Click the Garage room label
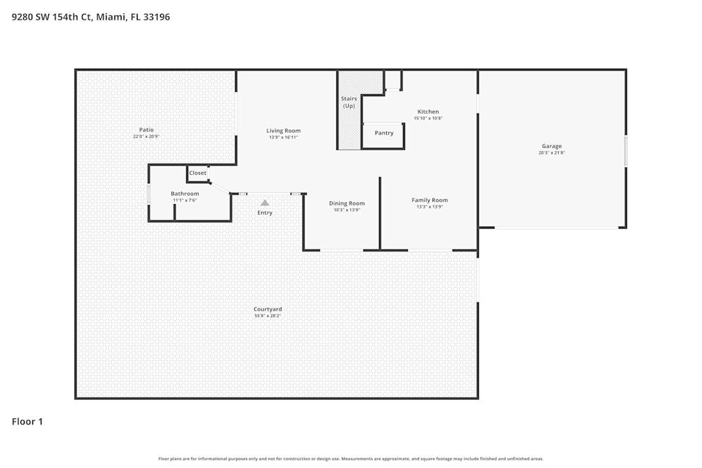551,146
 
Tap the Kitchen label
428,112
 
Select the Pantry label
384,133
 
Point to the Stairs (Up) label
349,102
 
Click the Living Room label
284,131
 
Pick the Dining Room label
347,203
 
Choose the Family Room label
430,200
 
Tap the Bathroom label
185,194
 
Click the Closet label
198,173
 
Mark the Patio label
146,129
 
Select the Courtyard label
267,309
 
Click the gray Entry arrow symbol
265,203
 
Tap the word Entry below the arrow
265,213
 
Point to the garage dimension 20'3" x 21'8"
552,153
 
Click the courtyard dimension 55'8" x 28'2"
267,316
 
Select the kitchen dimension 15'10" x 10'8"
428,119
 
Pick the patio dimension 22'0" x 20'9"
146,136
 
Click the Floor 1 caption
27,422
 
